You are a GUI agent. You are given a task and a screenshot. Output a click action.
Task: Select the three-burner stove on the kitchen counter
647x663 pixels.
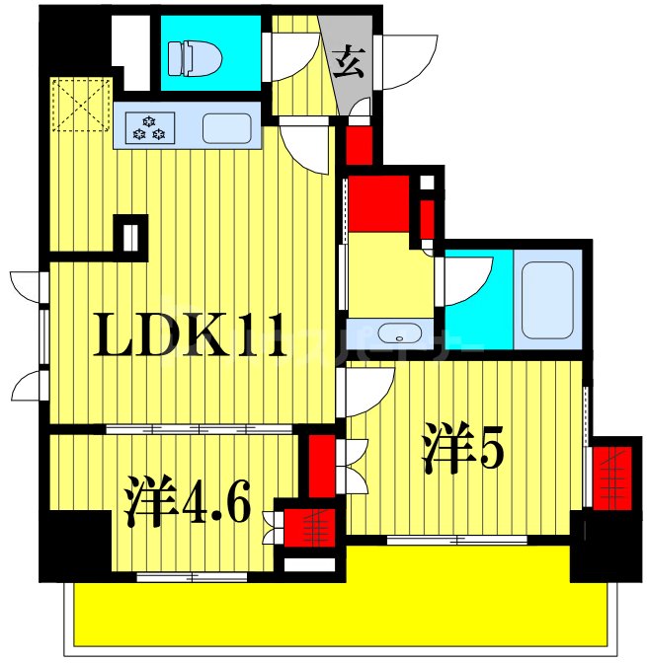[x=151, y=127]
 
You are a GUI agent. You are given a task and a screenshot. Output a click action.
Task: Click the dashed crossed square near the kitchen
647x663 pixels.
[x=78, y=104]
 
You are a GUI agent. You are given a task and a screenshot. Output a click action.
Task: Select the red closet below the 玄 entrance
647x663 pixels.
[x=359, y=143]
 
